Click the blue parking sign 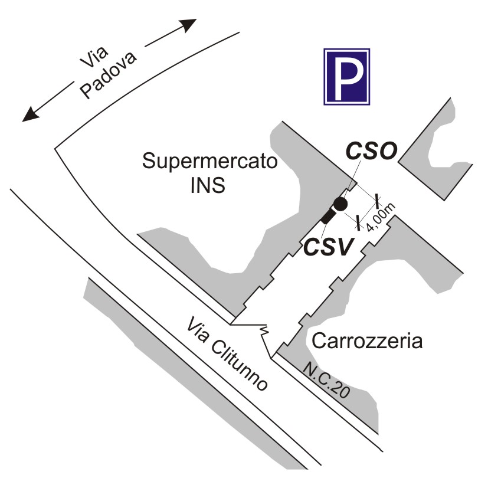click(347, 77)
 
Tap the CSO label click(372, 150)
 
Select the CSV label click(329, 247)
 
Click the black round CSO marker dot click(340, 204)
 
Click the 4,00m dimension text click(381, 217)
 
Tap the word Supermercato click(209, 161)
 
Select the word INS click(208, 185)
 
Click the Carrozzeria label click(367, 341)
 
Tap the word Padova click(109, 75)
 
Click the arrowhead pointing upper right click(188, 25)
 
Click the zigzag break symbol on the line click(264, 332)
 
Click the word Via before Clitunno click(198, 330)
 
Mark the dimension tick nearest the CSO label click(377, 201)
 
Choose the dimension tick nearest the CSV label click(358, 223)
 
